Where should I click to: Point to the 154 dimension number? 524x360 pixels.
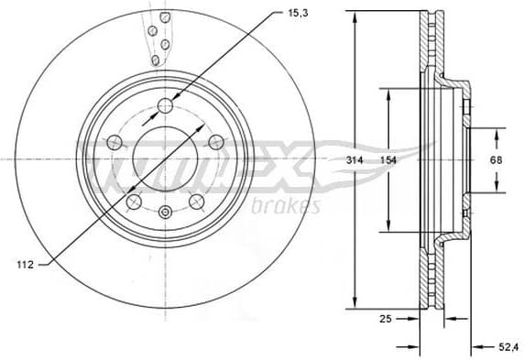coord(388,159)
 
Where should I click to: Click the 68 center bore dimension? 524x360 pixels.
coord(496,159)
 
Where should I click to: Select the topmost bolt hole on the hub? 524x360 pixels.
coord(165,106)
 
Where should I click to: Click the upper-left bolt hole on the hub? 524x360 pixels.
coord(115,142)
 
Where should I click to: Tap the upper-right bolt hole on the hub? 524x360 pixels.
coord(216,141)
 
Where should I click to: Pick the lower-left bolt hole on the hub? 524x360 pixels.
coord(134,202)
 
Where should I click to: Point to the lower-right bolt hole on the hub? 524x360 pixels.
coord(196,202)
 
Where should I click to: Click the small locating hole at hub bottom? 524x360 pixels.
coord(165,214)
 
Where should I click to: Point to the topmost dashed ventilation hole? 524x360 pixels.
coord(165,16)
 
